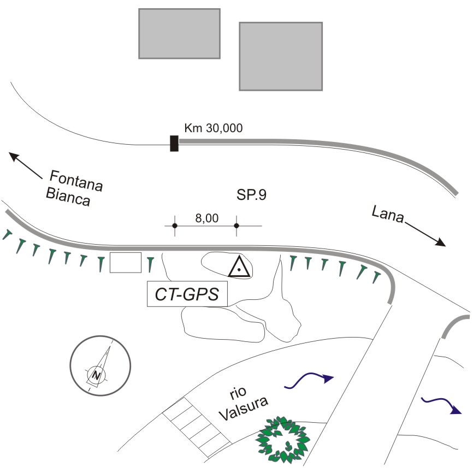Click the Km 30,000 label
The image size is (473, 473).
214,128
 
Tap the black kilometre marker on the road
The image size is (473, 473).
174,143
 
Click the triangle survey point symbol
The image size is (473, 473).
239,268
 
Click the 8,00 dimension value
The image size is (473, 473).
207,218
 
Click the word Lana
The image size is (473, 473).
387,214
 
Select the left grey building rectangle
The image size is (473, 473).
179,33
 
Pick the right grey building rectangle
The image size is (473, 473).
281,56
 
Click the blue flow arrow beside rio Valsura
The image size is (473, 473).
309,379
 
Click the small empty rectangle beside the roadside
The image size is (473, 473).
126,263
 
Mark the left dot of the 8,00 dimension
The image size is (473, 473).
175,226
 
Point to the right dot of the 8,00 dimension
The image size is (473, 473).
236,226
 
